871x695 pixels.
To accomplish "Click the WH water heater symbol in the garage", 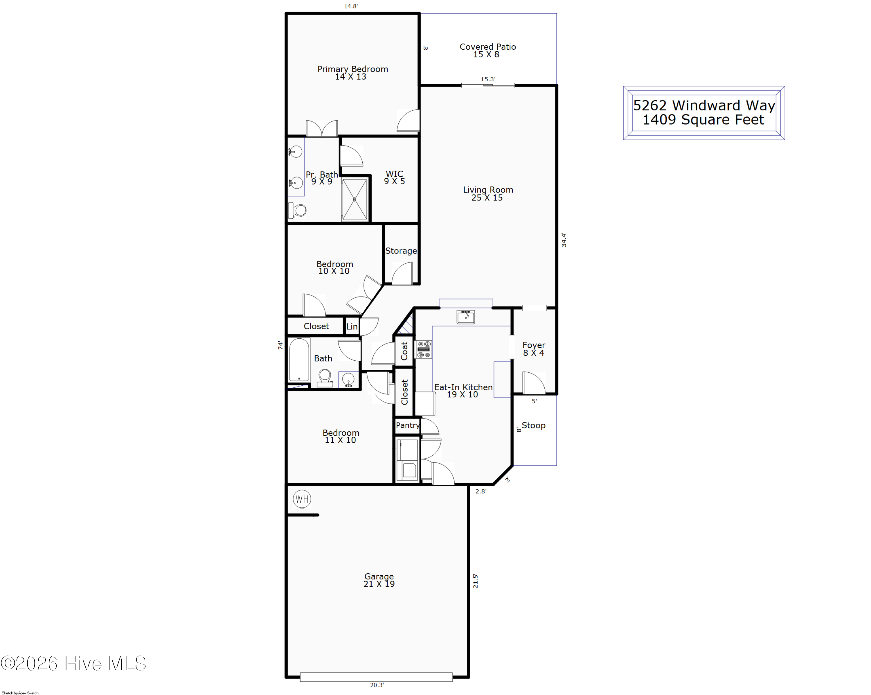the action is (302, 499).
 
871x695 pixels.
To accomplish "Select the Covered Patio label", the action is (487, 47).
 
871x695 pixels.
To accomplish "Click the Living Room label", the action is (488, 190).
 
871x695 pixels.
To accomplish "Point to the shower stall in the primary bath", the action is (355, 199).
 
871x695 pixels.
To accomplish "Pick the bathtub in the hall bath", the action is (299, 360).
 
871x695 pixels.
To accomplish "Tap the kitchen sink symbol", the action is (465, 317).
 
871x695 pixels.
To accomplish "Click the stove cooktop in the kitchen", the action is (424, 349).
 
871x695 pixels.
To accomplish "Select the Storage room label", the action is (401, 251).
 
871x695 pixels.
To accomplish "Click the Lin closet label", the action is (352, 326).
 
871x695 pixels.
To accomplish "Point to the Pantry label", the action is (408, 425).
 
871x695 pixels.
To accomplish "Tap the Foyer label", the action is (534, 345).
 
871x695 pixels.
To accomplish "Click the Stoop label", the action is (533, 425).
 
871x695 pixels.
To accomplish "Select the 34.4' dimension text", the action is (564, 240).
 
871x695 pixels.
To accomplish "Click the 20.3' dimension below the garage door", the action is (377, 685).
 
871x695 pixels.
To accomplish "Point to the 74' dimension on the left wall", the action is (280, 345).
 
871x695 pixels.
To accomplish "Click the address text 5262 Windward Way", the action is (704, 105).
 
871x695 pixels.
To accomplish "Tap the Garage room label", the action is (379, 576).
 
